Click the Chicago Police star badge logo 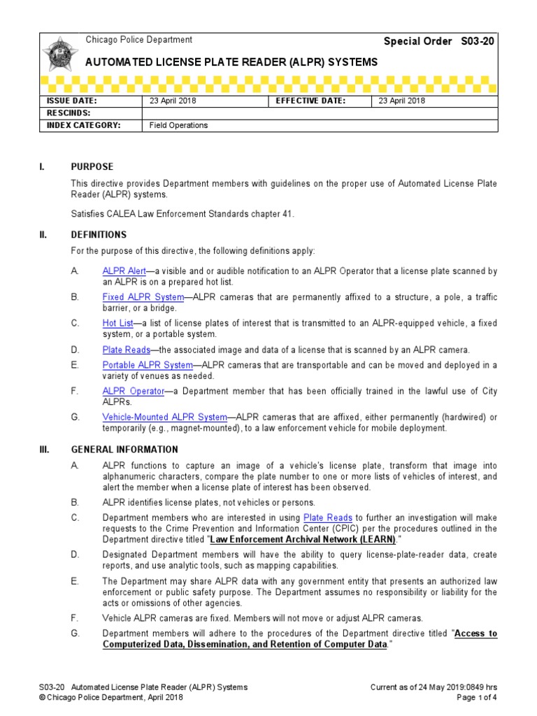tap(57, 56)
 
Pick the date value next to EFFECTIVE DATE tap(402, 101)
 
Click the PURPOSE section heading tap(92, 167)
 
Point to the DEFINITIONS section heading tap(99, 235)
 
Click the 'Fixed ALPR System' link tap(143, 297)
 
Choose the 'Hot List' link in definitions tap(117, 323)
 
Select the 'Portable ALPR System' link tap(148, 365)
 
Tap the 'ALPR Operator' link tap(134, 391)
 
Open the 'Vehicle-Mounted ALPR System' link tap(164, 417)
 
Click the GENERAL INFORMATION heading tap(124, 450)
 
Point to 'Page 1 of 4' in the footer tap(477, 697)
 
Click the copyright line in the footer tap(110, 697)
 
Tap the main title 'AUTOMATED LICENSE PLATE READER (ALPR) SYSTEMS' tap(231, 62)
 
